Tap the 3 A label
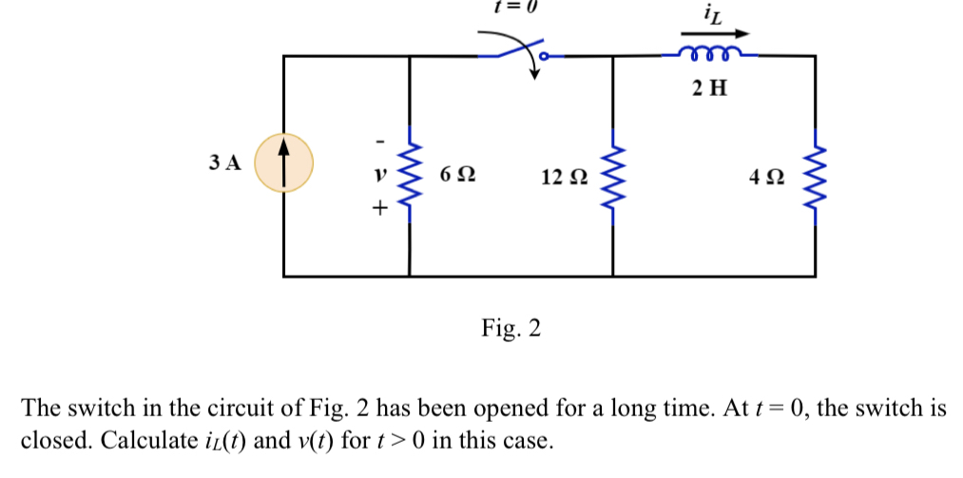coord(224,163)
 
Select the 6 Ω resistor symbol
coord(410,174)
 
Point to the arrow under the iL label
coord(713,33)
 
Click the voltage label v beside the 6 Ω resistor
coord(379,176)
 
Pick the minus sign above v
coord(379,143)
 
